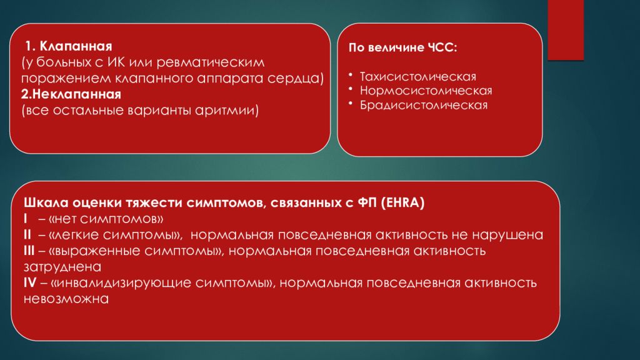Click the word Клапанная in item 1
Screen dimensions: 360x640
coord(76,47)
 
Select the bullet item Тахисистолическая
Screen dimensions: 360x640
coord(417,76)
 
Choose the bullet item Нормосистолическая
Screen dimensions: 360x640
coord(426,91)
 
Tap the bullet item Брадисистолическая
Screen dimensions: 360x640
coord(423,105)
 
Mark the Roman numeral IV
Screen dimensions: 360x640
coord(29,283)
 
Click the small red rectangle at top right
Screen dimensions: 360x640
coord(566,30)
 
